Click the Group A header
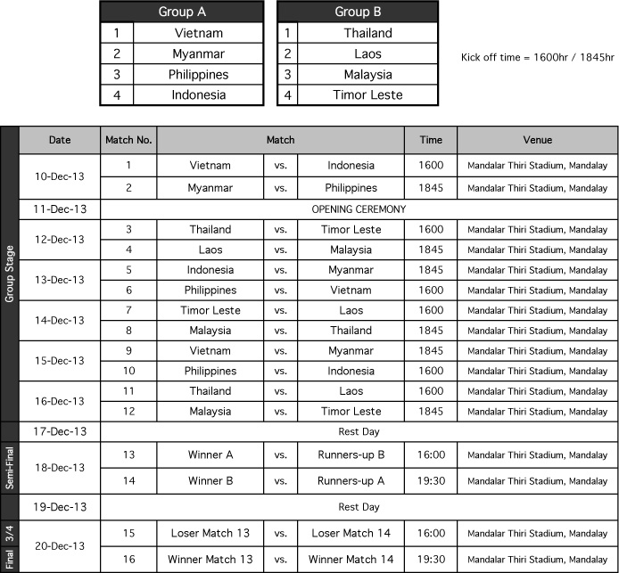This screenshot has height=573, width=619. pyautogui.click(x=181, y=12)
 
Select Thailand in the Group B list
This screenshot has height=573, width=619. pyautogui.click(x=367, y=33)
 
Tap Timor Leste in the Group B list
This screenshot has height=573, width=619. pyautogui.click(x=367, y=94)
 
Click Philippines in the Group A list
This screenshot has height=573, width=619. pyautogui.click(x=198, y=74)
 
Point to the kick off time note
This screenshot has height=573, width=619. pyautogui.click(x=537, y=57)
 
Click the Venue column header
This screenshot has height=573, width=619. pyautogui.click(x=537, y=140)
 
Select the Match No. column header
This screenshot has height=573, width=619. pyautogui.click(x=128, y=140)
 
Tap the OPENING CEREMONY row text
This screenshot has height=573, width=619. pyautogui.click(x=359, y=209)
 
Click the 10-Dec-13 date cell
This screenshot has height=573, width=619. pyautogui.click(x=60, y=176)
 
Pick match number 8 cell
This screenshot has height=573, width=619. pyautogui.click(x=128, y=330)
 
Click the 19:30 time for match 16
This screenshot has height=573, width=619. pyautogui.click(x=431, y=559)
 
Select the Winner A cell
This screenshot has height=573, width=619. pyautogui.click(x=210, y=454)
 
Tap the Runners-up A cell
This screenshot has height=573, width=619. pyautogui.click(x=351, y=480)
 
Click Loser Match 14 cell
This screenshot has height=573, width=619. pyautogui.click(x=351, y=533)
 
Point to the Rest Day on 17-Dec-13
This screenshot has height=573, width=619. pyautogui.click(x=359, y=431)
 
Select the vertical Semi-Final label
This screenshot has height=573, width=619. pyautogui.click(x=10, y=468)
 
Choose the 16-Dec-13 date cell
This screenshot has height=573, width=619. pyautogui.click(x=60, y=401)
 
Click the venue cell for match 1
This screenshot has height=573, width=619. pyautogui.click(x=537, y=165)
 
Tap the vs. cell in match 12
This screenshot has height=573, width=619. pyautogui.click(x=280, y=412)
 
